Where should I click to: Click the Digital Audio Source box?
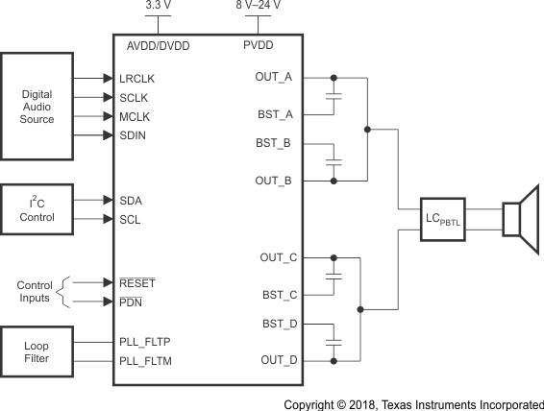[37, 107]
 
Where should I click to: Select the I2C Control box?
[37, 209]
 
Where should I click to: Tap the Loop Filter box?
[37, 351]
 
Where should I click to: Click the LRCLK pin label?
[138, 79]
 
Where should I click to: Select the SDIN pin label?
[134, 135]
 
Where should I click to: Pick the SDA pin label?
[132, 201]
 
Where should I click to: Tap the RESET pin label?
[136, 283]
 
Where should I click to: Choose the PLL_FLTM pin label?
[145, 360]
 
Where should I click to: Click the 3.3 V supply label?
[158, 6]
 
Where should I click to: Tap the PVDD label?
[259, 45]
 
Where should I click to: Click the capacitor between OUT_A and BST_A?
[333, 96]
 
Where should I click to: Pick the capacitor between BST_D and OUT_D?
[333, 342]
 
